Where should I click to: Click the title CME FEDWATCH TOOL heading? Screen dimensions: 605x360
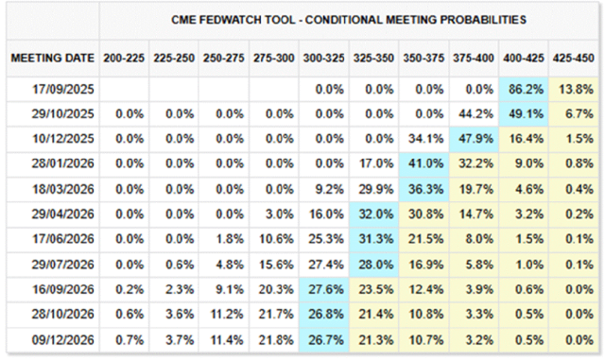(349, 20)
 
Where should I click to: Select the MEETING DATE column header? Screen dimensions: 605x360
(53, 59)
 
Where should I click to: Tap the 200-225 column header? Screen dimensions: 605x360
(124, 59)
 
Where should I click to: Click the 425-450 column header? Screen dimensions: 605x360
(574, 59)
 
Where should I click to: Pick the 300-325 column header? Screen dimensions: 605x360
(323, 59)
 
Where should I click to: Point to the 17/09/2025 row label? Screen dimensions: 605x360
(63, 90)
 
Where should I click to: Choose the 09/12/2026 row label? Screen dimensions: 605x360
(63, 340)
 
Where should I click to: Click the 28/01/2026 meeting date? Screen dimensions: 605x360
(63, 163)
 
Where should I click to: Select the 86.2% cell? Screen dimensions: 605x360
(526, 90)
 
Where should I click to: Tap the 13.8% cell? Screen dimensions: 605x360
(576, 90)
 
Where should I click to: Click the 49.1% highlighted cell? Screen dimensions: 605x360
(526, 114)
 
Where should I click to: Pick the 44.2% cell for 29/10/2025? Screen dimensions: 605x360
(475, 114)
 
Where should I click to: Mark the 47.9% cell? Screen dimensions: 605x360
(475, 139)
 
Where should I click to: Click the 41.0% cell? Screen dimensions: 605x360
(425, 163)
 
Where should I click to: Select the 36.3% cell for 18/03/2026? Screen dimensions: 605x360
(425, 189)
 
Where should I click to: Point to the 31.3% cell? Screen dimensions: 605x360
(376, 239)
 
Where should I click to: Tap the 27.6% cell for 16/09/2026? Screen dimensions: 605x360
(325, 289)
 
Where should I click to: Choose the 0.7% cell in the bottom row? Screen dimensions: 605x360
(130, 340)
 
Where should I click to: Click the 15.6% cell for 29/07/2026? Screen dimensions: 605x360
(276, 265)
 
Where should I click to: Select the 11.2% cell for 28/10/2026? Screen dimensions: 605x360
(227, 315)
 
